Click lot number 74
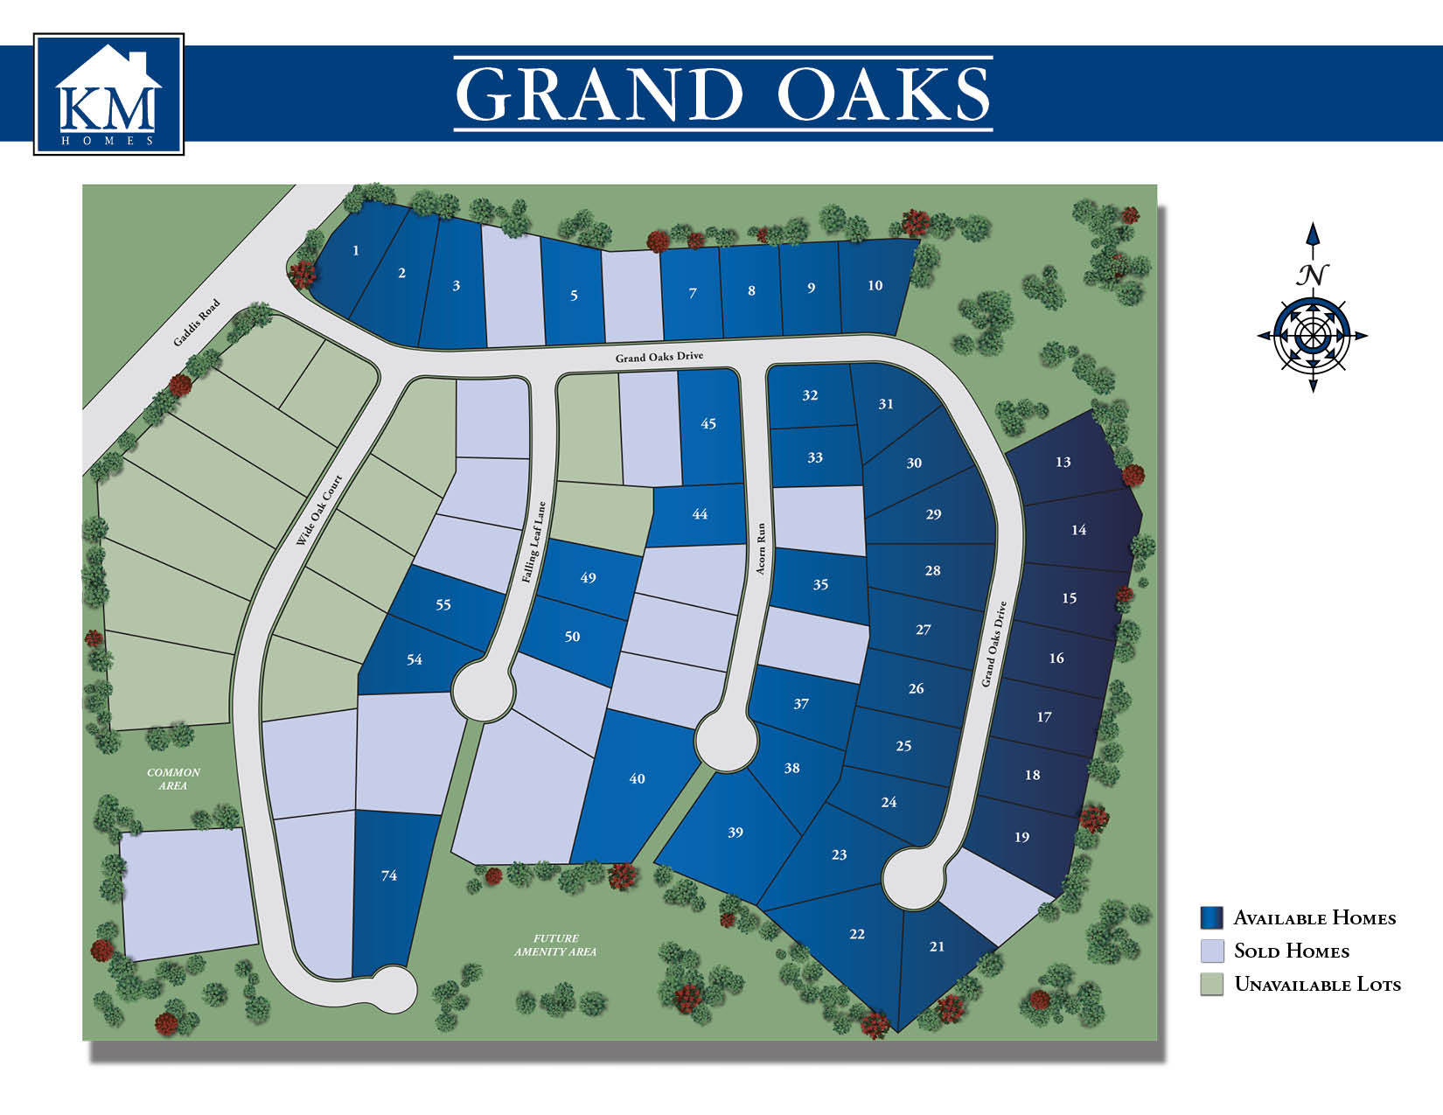389,875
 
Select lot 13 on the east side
1063,462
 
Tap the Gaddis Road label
197,324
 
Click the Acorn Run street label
761,549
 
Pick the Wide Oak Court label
319,511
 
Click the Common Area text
173,778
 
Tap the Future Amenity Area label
555,944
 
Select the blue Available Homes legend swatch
1211,917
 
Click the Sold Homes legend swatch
1211,951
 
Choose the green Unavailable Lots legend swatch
1211,984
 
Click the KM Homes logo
108,94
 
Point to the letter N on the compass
1312,275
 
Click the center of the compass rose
1312,336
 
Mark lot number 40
637,778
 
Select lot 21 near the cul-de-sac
937,946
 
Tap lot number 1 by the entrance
356,251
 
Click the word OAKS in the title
883,94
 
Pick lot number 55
443,605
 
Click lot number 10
875,286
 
